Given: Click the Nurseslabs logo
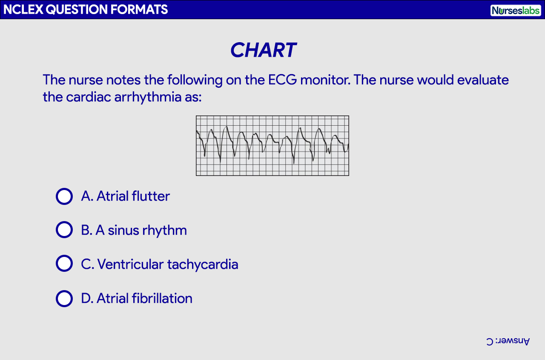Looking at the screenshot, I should (515, 10).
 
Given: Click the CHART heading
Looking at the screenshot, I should (263, 50).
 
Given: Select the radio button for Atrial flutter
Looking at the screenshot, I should (64, 196).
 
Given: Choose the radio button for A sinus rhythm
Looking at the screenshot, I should (64, 230).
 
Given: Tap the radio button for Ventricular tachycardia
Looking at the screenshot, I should (64, 264).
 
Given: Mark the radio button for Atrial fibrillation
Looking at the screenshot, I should (64, 298).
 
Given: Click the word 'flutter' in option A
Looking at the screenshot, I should (151, 196).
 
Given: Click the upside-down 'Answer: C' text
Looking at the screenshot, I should (508, 341).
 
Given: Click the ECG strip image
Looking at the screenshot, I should (272, 146).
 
